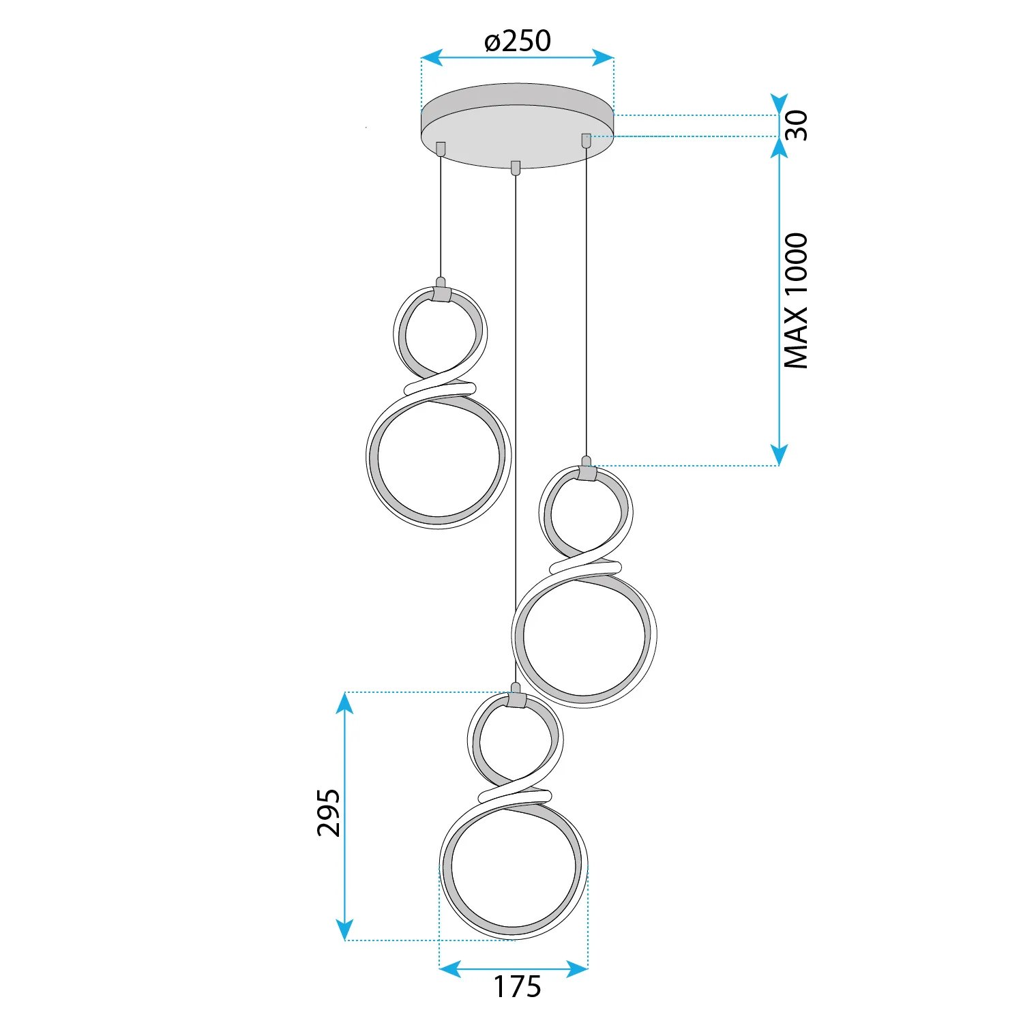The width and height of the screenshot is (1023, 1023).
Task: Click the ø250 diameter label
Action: coord(518,41)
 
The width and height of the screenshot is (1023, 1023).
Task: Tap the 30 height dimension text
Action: coord(796,125)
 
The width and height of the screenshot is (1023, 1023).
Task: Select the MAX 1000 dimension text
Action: coord(796,301)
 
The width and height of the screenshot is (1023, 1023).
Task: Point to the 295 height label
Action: coord(329,813)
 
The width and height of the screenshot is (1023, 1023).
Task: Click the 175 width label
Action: coord(517,987)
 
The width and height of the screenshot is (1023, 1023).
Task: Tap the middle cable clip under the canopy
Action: coord(516,168)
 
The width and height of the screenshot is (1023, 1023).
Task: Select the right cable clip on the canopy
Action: coord(586,140)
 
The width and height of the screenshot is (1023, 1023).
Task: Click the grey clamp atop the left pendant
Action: coord(441,294)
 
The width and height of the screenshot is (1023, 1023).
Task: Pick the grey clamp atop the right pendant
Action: coord(587,473)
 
